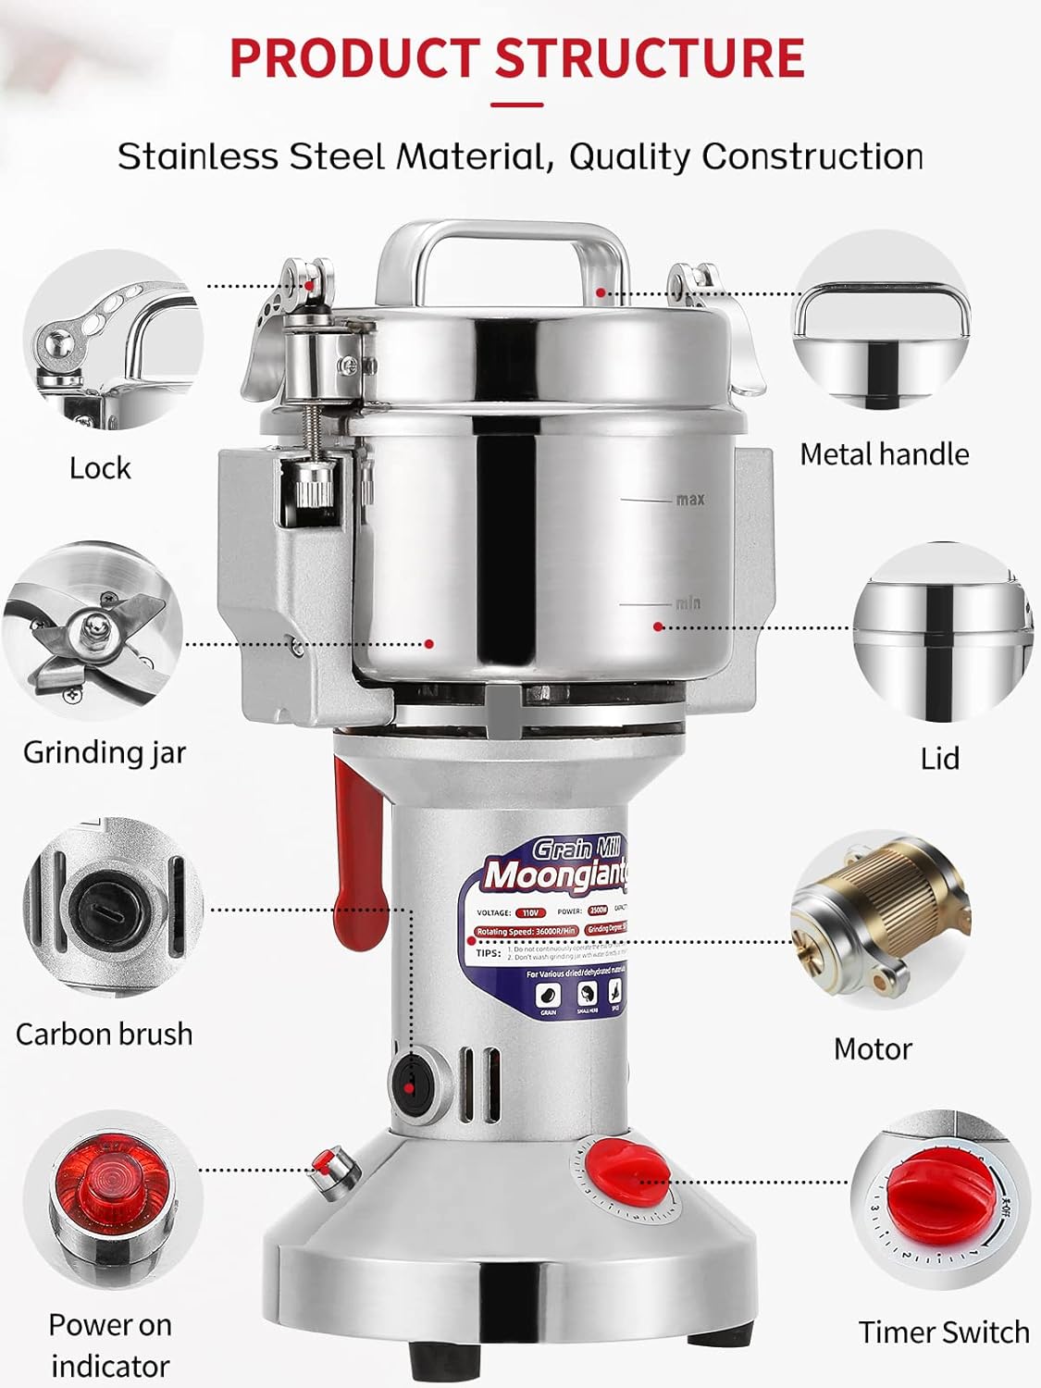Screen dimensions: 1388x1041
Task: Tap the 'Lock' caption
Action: click(100, 467)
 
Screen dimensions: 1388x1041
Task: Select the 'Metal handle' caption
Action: click(884, 453)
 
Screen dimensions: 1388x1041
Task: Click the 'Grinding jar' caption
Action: click(104, 751)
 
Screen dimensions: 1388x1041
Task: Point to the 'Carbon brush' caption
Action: click(104, 1034)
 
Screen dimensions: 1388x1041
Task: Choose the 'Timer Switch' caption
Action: click(943, 1332)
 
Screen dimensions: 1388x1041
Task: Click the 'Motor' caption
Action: click(872, 1048)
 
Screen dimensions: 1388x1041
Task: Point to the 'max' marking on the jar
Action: click(689, 500)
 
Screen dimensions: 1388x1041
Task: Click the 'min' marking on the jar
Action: click(687, 603)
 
